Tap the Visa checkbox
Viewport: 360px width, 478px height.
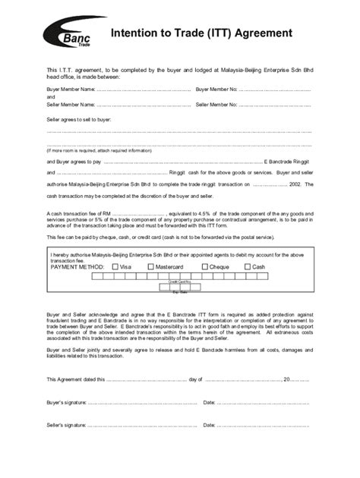[x=114, y=267]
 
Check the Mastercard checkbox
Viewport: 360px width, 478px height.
[x=151, y=267]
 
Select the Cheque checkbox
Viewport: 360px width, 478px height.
[x=204, y=267]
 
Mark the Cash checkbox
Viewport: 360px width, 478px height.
[x=247, y=267]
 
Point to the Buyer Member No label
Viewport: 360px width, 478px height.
[x=216, y=90]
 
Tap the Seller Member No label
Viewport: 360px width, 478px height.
[x=216, y=104]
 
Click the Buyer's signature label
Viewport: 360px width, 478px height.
[x=66, y=401]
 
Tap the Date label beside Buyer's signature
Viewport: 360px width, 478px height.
[x=210, y=401]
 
